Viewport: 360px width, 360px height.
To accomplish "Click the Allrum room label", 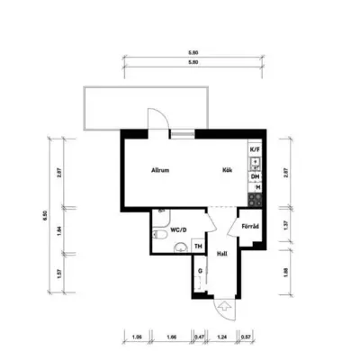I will [x=161, y=171].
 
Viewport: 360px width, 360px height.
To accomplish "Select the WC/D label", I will [x=178, y=229].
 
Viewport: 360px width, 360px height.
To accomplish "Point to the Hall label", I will [x=222, y=255].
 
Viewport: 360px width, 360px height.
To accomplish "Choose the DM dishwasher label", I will [x=255, y=176].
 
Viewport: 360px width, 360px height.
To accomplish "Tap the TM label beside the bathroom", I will [x=198, y=246].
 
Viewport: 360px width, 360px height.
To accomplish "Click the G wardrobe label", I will [x=200, y=270].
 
